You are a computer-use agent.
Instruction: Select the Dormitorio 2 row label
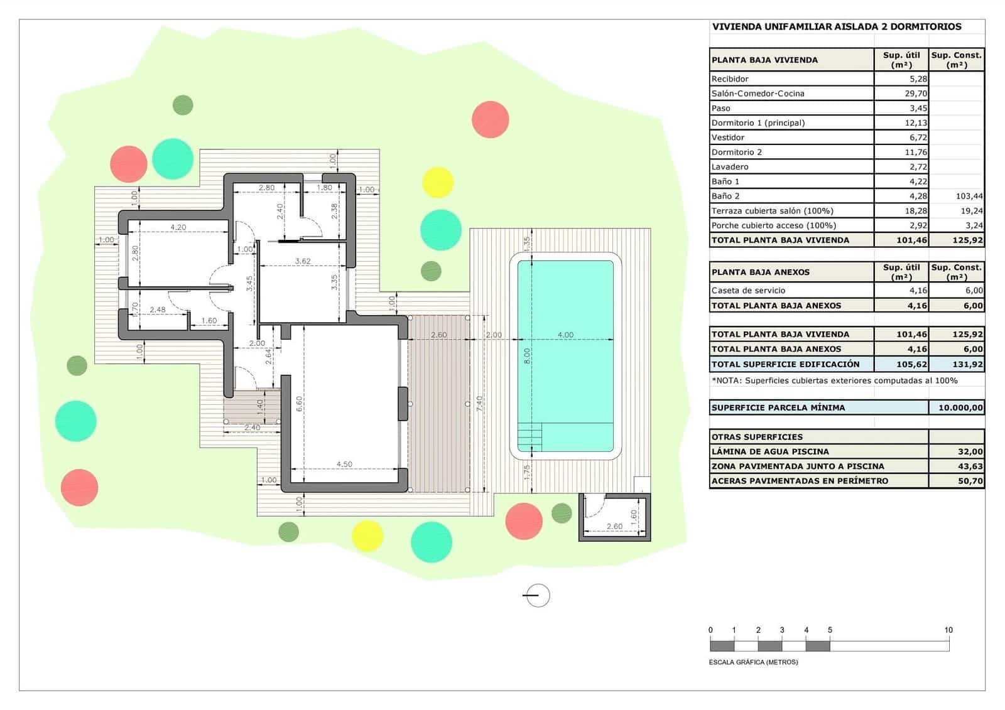(x=736, y=152)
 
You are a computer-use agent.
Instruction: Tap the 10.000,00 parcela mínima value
(x=960, y=407)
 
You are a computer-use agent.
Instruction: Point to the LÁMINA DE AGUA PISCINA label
(x=769, y=451)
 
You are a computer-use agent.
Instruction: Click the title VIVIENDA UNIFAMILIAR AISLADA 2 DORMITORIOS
(x=836, y=27)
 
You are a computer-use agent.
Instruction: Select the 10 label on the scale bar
(x=948, y=630)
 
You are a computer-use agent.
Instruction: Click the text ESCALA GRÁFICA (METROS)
(x=753, y=662)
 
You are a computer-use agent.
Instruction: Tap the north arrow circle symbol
(x=537, y=595)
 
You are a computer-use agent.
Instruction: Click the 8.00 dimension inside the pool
(x=528, y=356)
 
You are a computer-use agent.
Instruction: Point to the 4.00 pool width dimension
(x=565, y=335)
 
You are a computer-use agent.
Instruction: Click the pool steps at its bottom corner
(x=530, y=437)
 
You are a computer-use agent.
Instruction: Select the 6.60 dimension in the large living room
(x=300, y=403)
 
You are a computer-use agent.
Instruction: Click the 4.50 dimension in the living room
(x=344, y=465)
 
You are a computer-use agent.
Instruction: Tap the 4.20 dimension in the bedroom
(x=178, y=227)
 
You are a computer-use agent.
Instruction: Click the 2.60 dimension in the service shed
(x=614, y=527)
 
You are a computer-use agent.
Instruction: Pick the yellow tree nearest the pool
(x=437, y=182)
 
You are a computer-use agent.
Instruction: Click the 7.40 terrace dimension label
(x=479, y=403)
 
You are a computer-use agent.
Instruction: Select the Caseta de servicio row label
(x=747, y=291)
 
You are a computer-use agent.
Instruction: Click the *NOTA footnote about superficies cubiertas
(x=834, y=380)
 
